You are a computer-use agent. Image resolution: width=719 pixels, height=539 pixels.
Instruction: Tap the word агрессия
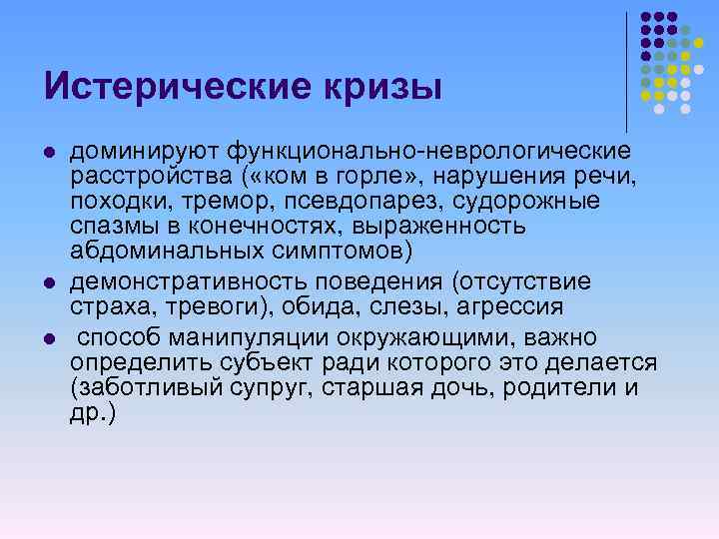[498, 306]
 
